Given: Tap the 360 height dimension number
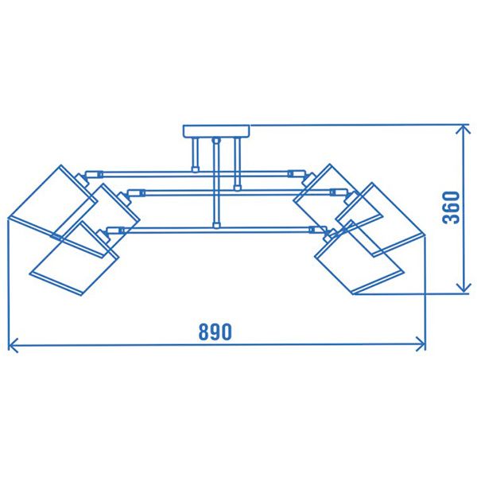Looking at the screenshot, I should pyautogui.click(x=451, y=208).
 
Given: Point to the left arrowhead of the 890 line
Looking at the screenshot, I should pyautogui.click(x=12, y=344).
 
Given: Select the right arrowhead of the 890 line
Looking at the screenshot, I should pyautogui.click(x=421, y=344).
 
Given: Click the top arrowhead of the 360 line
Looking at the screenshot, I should pyautogui.click(x=462, y=130).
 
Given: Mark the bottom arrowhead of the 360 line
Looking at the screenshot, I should pyautogui.click(x=462, y=289).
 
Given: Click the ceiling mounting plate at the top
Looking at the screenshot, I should pyautogui.click(x=216, y=131).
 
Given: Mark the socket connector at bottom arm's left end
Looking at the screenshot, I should pyautogui.click(x=118, y=231).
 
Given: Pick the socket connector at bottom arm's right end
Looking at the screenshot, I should pyautogui.click(x=318, y=231).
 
